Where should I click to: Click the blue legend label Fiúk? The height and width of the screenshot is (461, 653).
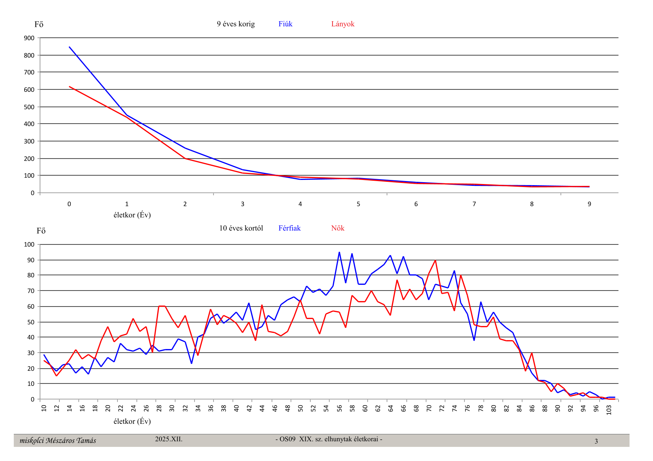coord(285,24)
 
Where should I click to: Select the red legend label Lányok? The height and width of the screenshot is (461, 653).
coord(343,24)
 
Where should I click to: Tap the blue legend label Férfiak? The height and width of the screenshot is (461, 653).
coord(289,228)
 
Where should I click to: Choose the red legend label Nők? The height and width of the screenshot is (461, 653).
coord(338,228)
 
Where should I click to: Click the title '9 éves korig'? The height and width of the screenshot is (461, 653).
coord(236,24)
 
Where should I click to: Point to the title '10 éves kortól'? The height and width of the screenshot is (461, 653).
coord(241,228)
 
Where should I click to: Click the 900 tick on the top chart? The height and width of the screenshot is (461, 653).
coord(29,38)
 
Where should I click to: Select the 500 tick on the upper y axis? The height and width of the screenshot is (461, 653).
coord(29,107)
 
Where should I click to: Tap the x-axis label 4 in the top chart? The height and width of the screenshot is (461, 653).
coord(300,204)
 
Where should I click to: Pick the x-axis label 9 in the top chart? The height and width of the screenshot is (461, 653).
coord(589,204)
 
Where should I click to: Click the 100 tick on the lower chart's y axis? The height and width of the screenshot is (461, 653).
coord(29,245)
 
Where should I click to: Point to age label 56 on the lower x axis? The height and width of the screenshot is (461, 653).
coord(339,408)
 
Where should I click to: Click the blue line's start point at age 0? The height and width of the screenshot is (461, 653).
coord(69,47)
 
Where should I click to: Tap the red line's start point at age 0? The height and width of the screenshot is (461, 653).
coord(69,87)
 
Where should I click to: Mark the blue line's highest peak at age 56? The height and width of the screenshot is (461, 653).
coord(339,252)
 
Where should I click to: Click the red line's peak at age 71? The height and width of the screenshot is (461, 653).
coord(435,260)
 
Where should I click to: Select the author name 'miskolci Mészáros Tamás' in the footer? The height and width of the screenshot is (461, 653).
coord(58,441)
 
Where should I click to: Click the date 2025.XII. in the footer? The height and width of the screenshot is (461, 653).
coord(169,439)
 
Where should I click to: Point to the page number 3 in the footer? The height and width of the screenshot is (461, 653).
coord(596,441)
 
